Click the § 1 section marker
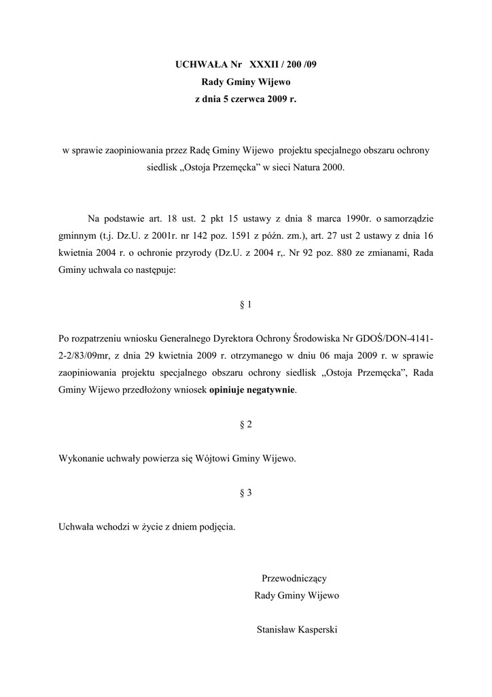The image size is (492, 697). (x=246, y=305)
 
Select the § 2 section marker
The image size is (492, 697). (x=246, y=425)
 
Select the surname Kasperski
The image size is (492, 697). (x=319, y=630)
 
